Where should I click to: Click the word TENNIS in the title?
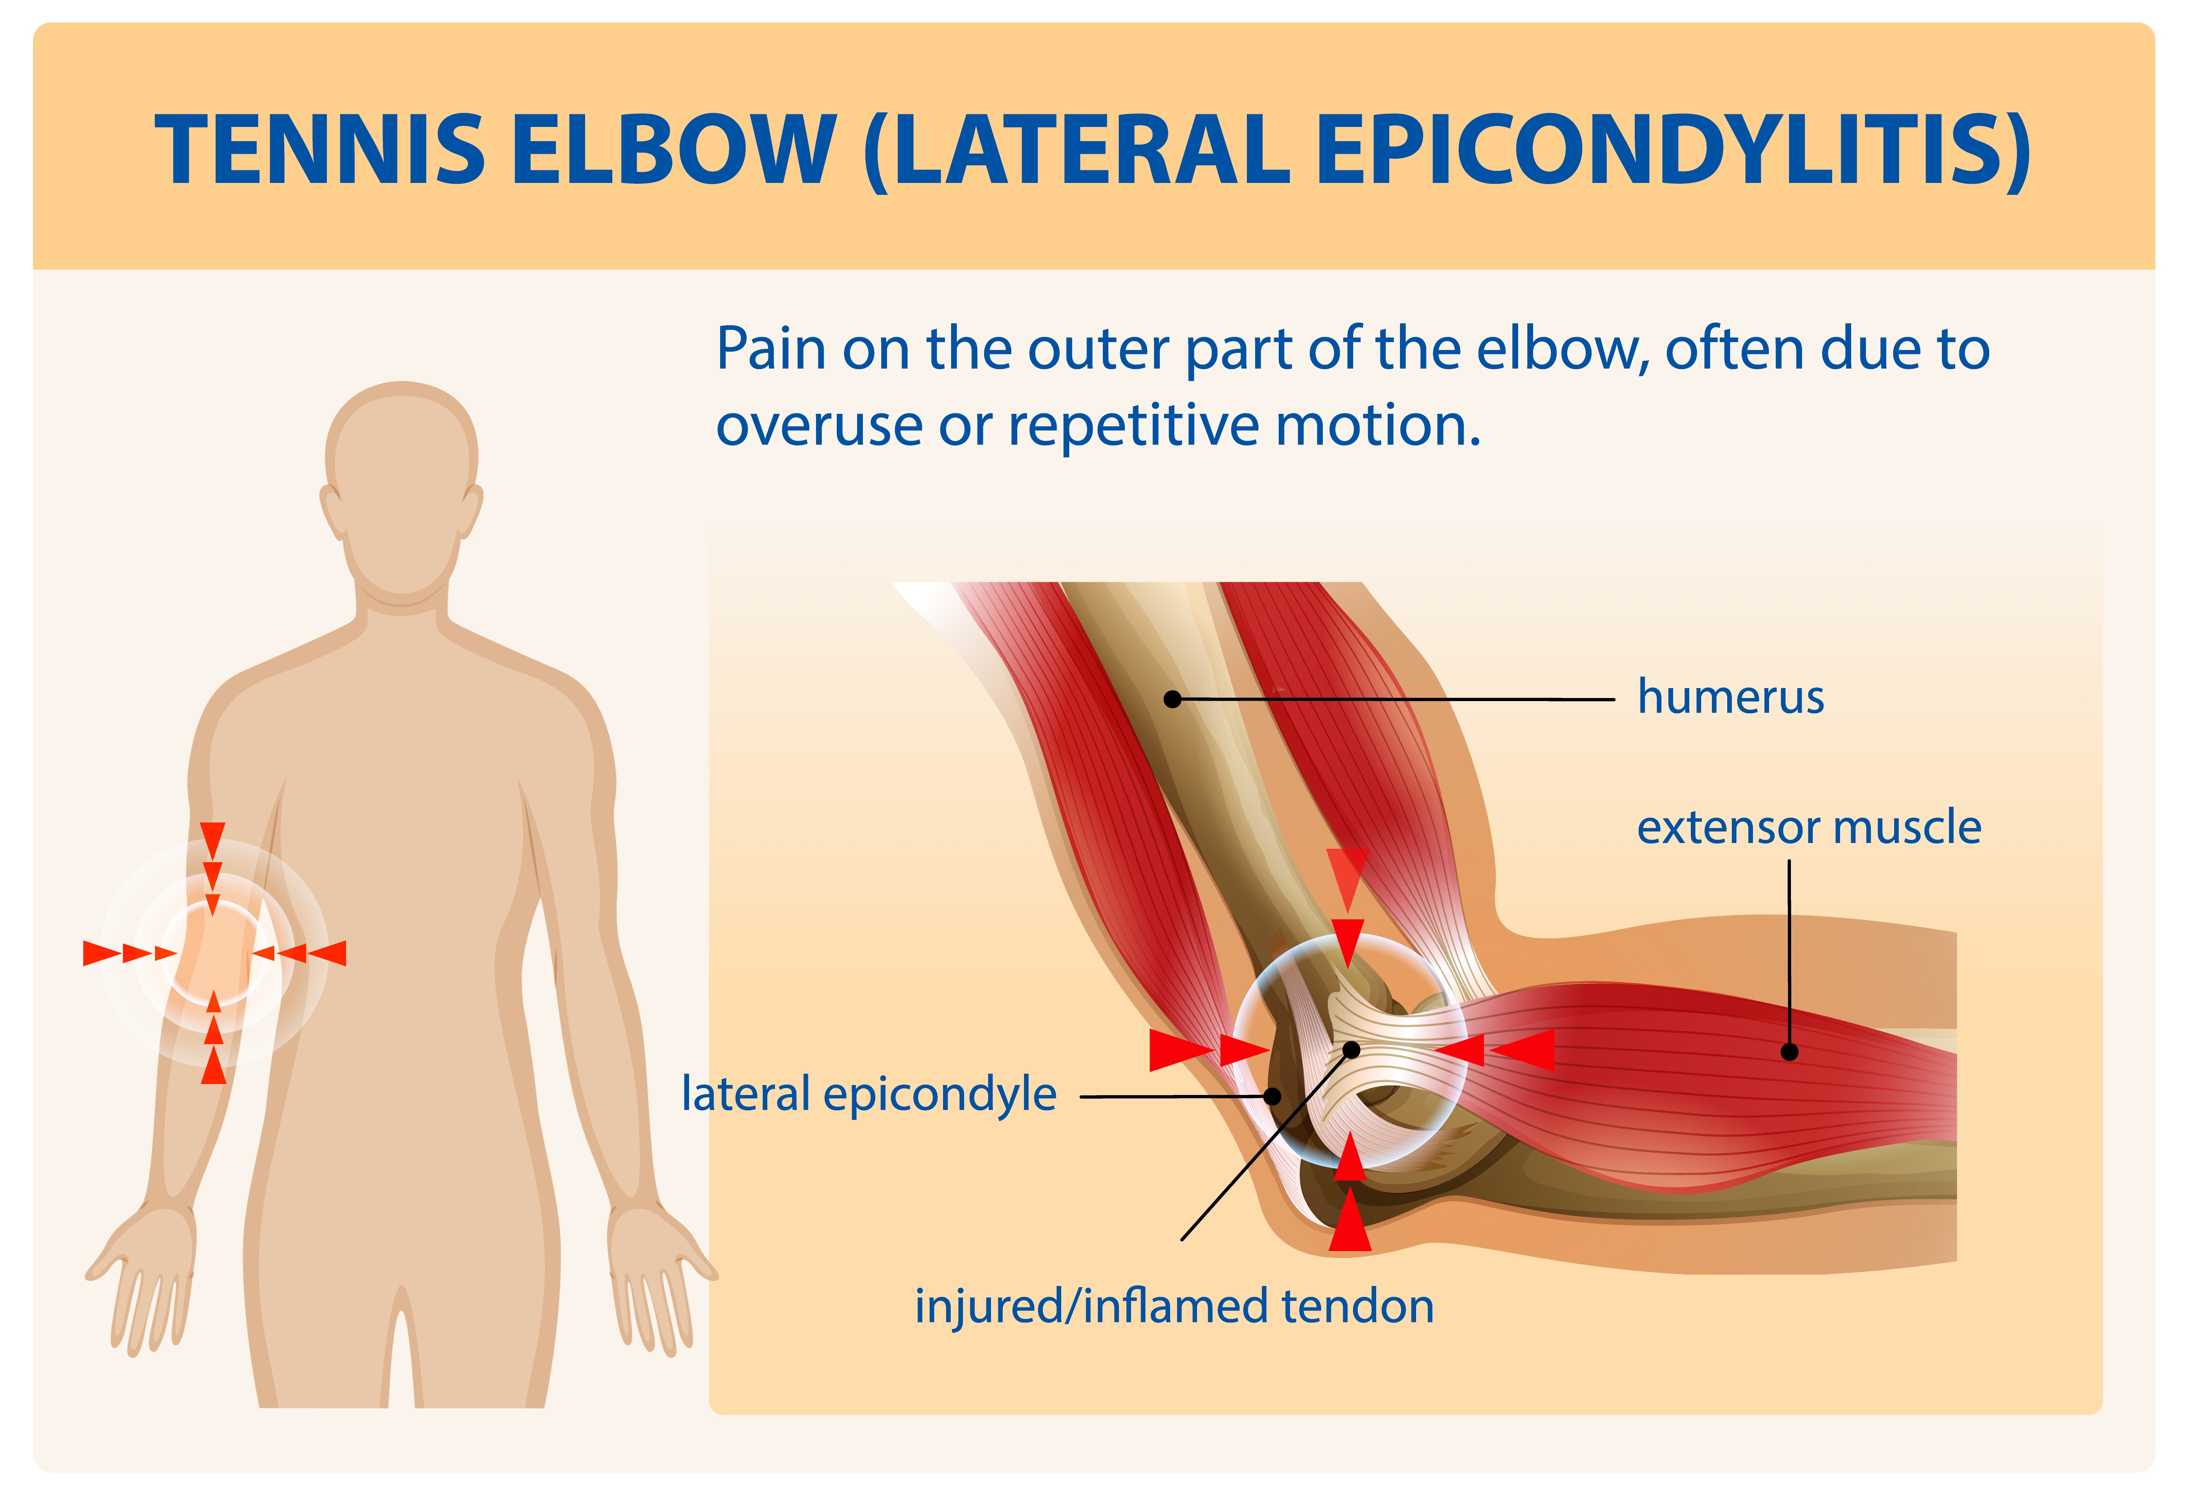click(x=320, y=149)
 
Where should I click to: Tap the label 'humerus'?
click(x=1730, y=698)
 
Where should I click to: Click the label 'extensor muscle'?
click(x=1809, y=828)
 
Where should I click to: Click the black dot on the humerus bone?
click(x=1172, y=698)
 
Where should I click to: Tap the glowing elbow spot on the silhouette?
click(x=214, y=953)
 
